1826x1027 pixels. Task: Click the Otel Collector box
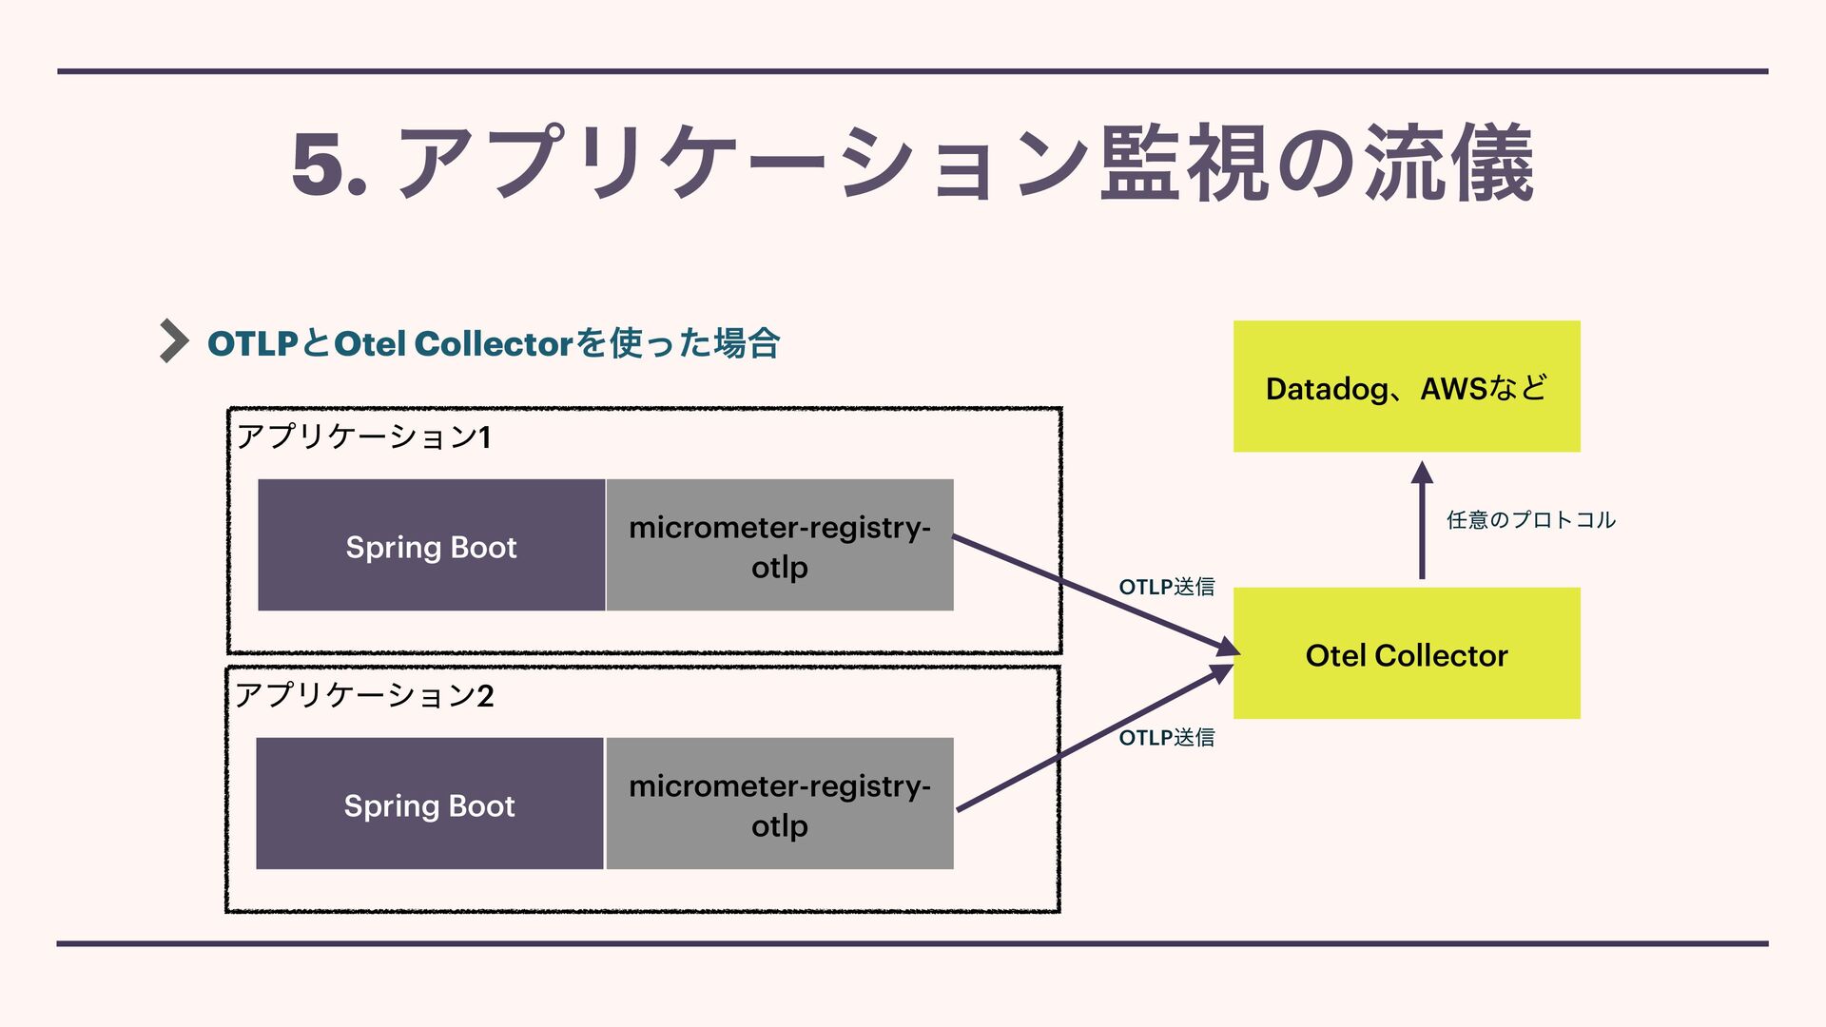coord(1406,653)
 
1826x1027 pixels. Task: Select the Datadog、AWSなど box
coord(1406,386)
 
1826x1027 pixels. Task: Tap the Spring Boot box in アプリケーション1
coord(431,546)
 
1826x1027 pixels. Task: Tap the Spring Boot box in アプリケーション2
coord(429,804)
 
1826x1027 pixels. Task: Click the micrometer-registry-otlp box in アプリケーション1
coord(779,546)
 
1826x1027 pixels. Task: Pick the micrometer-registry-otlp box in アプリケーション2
coord(779,804)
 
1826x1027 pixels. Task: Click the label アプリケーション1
coord(363,436)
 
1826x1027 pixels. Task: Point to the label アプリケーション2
coord(364,695)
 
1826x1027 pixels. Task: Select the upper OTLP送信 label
coord(1166,587)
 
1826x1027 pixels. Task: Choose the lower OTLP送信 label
coord(1166,737)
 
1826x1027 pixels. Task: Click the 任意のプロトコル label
coord(1530,519)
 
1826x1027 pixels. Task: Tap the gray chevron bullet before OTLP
coord(173,340)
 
